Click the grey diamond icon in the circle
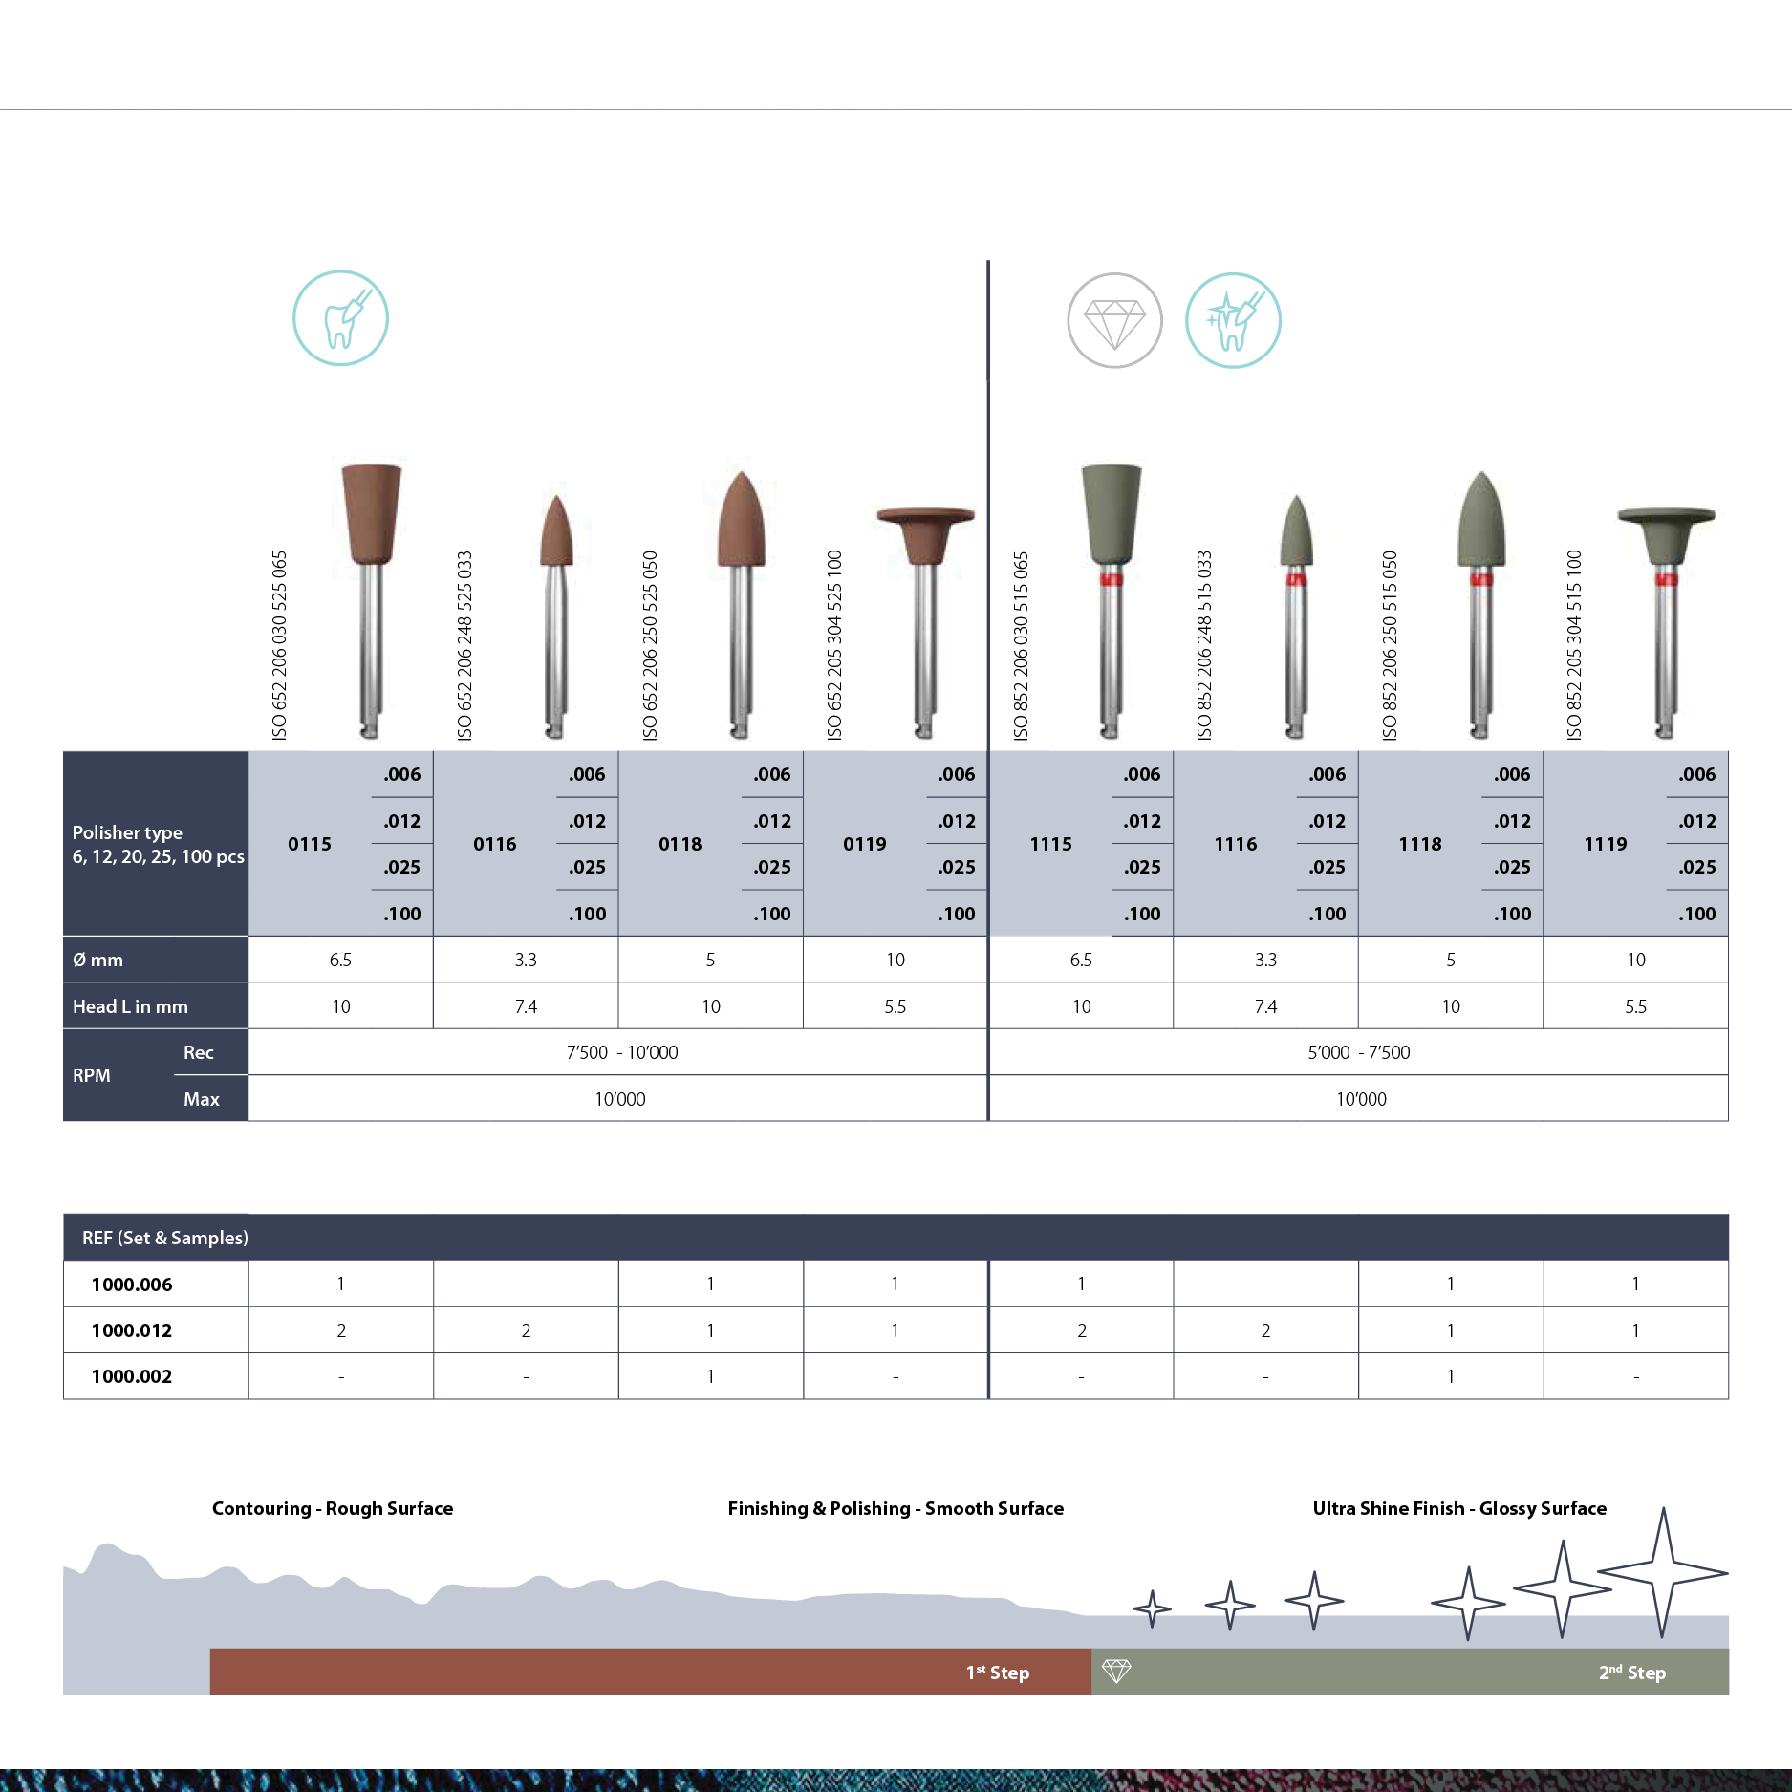[x=1114, y=320]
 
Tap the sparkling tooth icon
[x=1233, y=320]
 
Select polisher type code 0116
[x=494, y=844]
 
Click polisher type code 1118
[x=1420, y=844]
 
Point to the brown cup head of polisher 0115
[x=372, y=514]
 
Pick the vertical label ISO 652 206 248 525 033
[x=464, y=645]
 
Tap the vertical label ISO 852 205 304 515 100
[x=1574, y=645]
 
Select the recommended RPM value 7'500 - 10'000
[x=622, y=1052]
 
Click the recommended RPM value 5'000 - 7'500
[x=1359, y=1052]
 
